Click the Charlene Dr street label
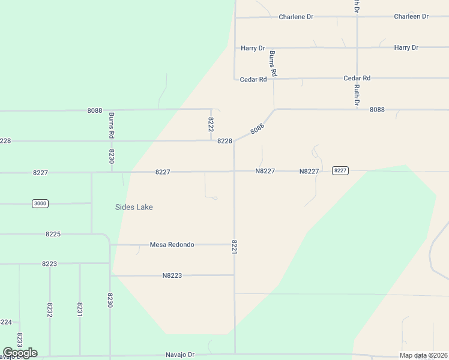point(296,17)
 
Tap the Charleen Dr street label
point(411,17)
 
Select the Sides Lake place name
point(134,207)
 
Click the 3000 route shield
point(40,204)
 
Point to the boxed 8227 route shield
point(340,171)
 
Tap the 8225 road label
point(53,234)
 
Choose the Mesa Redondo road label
point(172,245)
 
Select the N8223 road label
point(172,275)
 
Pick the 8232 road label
point(50,310)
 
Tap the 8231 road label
point(80,310)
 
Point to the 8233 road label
point(20,340)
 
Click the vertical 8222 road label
point(211,125)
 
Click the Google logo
point(20,353)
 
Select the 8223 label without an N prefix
point(49,264)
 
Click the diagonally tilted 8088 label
point(257,128)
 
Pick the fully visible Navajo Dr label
point(181,355)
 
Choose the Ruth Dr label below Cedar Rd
point(357,95)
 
